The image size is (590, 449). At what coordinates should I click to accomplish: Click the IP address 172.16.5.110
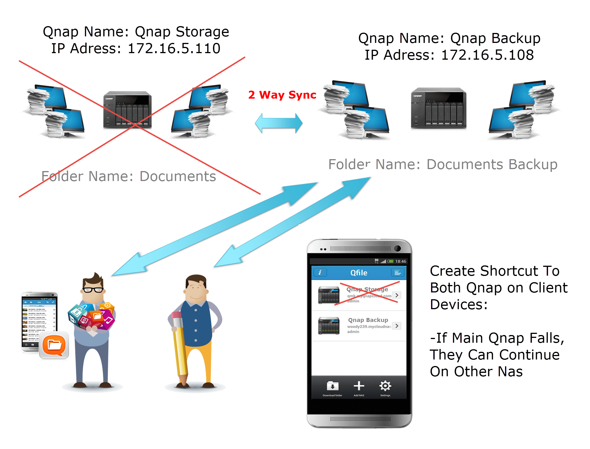pos(174,48)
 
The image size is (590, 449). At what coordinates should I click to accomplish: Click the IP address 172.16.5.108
pos(487,55)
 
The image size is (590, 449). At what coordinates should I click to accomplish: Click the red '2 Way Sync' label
pos(282,95)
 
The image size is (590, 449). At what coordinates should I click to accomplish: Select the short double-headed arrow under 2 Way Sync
pos(279,123)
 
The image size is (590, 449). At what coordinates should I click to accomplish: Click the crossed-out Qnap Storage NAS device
pos(127,110)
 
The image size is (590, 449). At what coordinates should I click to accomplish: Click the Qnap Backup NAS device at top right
pos(439,108)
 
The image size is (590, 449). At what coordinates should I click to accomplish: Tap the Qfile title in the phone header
pos(359,273)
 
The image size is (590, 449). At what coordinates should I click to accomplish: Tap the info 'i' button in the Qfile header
pos(320,273)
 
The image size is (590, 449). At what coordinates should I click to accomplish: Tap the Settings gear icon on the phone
pos(385,386)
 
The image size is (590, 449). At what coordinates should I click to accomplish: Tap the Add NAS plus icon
pos(359,386)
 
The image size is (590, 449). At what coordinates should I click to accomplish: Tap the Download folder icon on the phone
pos(333,386)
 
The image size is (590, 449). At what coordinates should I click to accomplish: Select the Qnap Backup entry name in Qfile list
pos(368,320)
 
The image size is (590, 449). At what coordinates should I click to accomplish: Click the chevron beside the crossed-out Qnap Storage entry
pos(397,295)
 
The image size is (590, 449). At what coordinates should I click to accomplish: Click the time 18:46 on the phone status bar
pos(401,261)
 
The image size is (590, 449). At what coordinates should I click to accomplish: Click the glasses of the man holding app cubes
pos(93,290)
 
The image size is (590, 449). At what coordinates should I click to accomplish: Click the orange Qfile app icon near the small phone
pos(54,345)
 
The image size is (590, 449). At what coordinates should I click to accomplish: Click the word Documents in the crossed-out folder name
pos(178,176)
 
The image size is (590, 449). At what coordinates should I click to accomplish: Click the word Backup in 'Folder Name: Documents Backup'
pos(533,165)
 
